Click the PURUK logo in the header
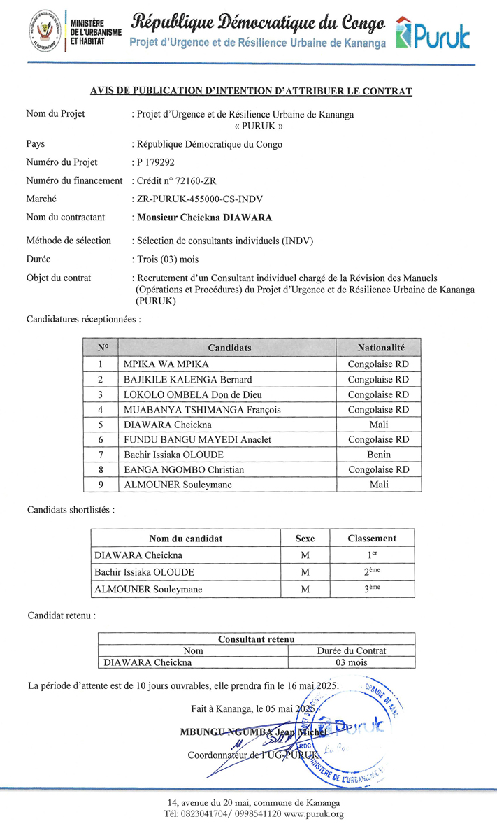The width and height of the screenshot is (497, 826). pos(433,33)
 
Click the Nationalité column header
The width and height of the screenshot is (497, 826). pos(380,348)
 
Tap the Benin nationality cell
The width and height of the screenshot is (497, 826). pos(379,455)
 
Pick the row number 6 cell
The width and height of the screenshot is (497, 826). pos(101,439)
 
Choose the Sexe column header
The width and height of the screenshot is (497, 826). pos(305,539)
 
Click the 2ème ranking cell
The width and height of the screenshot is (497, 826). pos(371,571)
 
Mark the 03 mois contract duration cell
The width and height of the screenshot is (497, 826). pos(351,662)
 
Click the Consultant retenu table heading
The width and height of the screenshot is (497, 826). pos(256,639)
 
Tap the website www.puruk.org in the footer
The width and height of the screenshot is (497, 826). pos(314,814)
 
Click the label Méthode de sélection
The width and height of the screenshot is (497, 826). pos(69,241)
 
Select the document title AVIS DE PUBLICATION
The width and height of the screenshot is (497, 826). pos(251,91)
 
